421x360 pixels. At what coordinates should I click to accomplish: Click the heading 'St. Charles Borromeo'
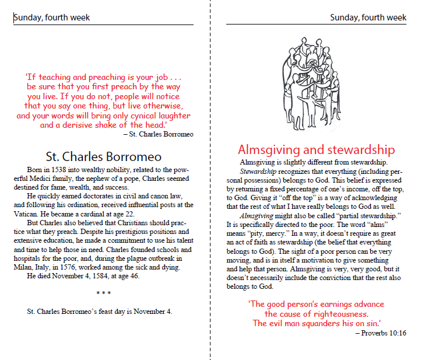pos(103,156)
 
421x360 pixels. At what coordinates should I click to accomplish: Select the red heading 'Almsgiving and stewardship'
pos(317,149)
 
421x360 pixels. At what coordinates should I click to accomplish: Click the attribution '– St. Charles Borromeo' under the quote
pos(158,135)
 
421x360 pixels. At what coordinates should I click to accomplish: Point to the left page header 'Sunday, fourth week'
pos(52,18)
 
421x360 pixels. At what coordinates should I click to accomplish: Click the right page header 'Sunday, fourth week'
pos(368,18)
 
